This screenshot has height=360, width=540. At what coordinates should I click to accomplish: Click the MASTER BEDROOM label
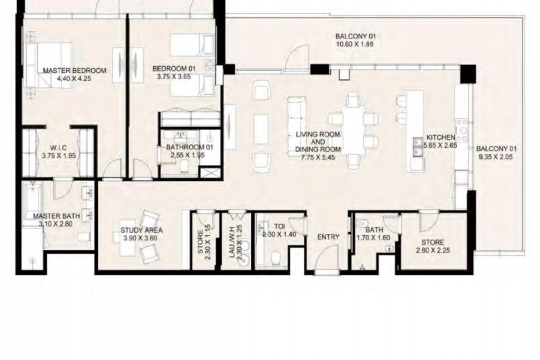coord(74,71)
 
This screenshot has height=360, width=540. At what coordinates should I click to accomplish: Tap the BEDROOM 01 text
coord(174,68)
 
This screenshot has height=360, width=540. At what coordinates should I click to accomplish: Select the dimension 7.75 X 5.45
coord(318,158)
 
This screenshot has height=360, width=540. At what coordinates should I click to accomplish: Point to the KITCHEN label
coord(441,138)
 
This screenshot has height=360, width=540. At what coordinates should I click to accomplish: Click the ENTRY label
coord(328,237)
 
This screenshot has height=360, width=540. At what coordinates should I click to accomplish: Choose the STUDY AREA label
coord(142,230)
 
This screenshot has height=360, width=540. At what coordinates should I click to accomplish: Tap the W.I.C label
coord(59,148)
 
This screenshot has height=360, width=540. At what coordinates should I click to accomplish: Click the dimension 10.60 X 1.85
coord(356,44)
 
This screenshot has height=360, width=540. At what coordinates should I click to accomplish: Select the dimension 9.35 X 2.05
coord(496,157)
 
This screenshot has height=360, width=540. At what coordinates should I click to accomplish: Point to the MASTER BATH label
coord(57,216)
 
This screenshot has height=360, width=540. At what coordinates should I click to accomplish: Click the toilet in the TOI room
coord(276,259)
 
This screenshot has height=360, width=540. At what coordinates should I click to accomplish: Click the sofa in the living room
coord(296,126)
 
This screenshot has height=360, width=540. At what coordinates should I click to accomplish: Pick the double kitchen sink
coord(418,147)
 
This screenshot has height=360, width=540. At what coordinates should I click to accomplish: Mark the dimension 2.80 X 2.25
coord(433,251)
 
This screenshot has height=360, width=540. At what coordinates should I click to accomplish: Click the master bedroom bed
coord(49,65)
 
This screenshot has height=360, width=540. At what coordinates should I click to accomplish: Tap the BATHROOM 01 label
coord(190,147)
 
